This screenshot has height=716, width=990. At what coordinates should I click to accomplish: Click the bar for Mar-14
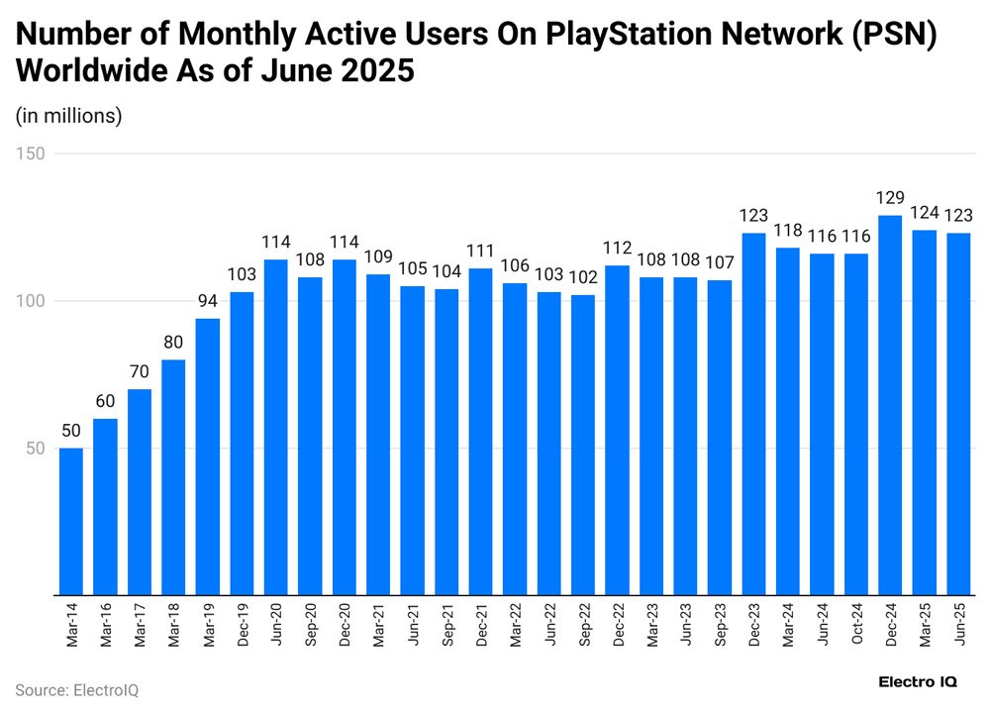(x=71, y=521)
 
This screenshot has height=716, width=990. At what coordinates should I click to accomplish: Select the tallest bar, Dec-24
(x=890, y=405)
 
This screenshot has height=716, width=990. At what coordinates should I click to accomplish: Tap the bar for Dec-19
(x=242, y=444)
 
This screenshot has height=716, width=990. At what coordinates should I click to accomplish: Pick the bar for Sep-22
(x=583, y=445)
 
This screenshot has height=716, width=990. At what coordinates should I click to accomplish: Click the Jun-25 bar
(x=958, y=414)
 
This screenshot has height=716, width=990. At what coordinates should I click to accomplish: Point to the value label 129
(x=890, y=199)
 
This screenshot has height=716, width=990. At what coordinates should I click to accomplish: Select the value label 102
(x=583, y=278)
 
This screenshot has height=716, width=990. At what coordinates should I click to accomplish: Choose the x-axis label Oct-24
(x=856, y=625)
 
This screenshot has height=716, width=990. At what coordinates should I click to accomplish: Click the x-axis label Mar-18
(x=173, y=625)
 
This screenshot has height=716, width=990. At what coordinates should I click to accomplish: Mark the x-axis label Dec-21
(x=481, y=625)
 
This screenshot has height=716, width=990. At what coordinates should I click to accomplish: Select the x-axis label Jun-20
(x=276, y=625)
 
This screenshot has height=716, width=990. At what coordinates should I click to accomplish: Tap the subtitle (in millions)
(x=68, y=116)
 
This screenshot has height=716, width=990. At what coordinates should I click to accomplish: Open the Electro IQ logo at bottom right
(x=917, y=682)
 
